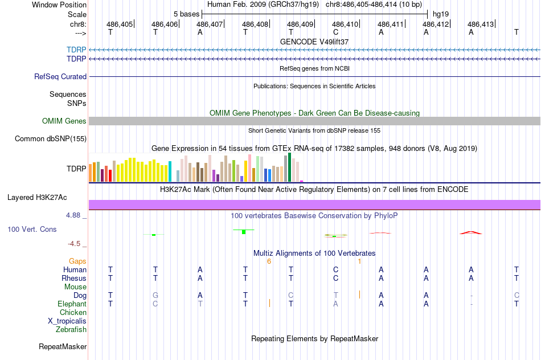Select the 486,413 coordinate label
pos(481,24)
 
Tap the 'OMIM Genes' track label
pos(64,121)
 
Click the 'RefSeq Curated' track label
pos(60,76)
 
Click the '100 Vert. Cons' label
pos(32,229)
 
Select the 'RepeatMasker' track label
pos(63,346)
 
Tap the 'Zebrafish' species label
pos(71,329)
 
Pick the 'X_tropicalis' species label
pos(67,321)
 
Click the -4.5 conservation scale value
pos(76,244)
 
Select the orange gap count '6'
pos(269,261)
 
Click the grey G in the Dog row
pos(155,295)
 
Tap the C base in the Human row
pos(336,269)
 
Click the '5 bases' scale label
pos(187,13)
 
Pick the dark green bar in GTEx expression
pos(290,167)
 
